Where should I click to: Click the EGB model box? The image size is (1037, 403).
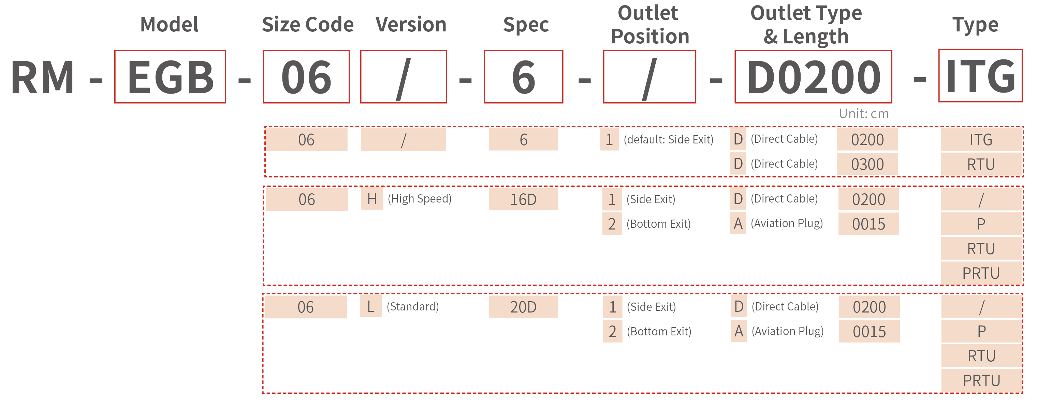click(170, 77)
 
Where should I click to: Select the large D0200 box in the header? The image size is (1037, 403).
click(813, 77)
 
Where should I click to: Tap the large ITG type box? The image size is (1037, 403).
click(980, 76)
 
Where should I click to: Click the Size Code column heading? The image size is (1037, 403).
click(308, 25)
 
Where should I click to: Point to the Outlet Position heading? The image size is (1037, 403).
click(650, 25)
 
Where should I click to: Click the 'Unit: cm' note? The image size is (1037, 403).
click(864, 114)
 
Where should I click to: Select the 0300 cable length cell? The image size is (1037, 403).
click(867, 164)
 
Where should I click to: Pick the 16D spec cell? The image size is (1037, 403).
click(523, 199)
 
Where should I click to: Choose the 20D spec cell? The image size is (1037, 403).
click(523, 307)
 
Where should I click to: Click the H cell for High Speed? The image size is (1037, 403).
click(372, 199)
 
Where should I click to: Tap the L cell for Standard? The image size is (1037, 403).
click(371, 306)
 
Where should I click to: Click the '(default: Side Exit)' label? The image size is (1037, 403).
click(668, 139)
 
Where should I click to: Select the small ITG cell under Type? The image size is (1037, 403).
click(981, 139)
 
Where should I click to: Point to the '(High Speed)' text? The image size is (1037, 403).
click(420, 199)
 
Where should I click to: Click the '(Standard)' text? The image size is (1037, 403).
click(413, 306)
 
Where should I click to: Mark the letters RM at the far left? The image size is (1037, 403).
click(43, 77)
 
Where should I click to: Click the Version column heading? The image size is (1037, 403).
click(411, 25)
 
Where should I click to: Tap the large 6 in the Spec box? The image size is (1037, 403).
click(523, 77)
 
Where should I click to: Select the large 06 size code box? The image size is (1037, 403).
click(306, 77)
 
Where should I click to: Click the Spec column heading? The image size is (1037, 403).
click(526, 25)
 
